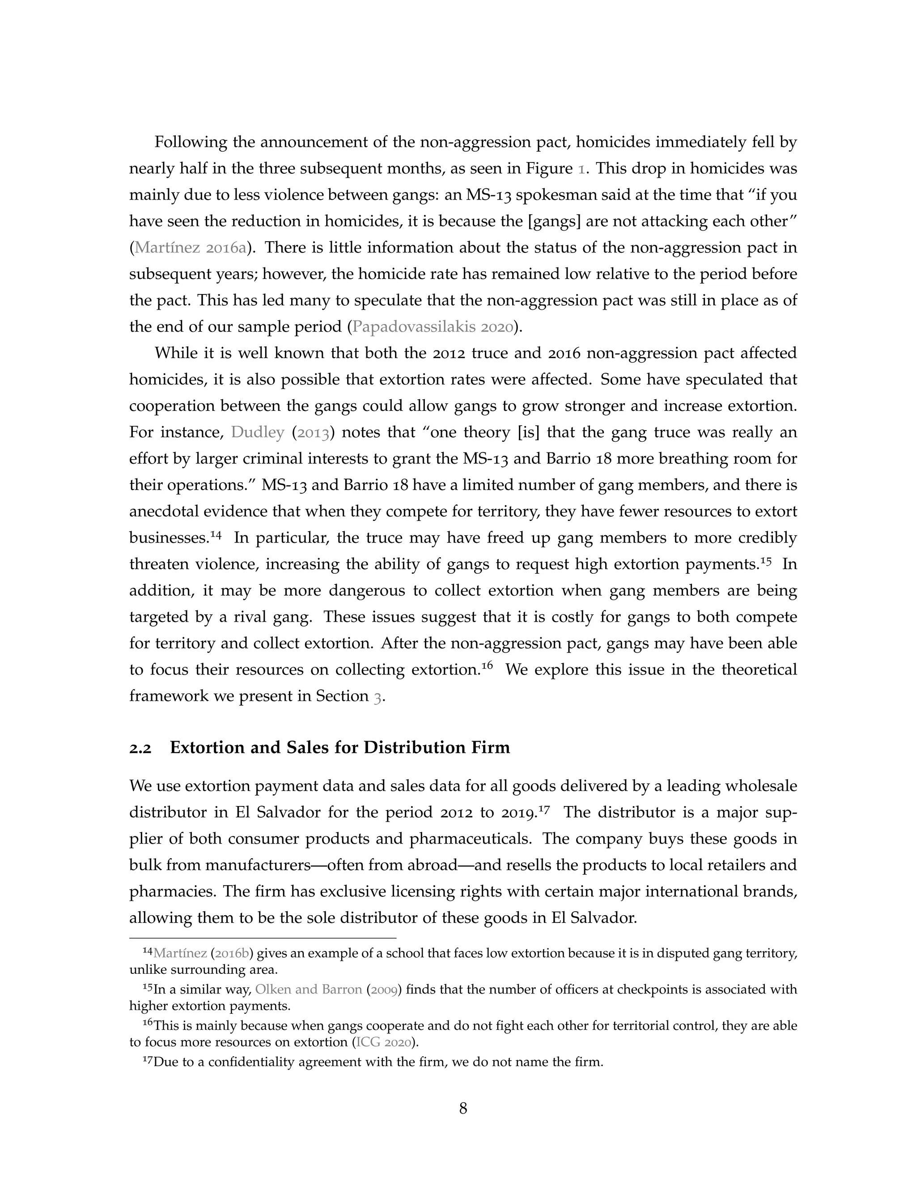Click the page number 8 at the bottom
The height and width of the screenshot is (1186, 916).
click(463, 1108)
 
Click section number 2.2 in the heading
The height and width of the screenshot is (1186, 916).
click(140, 748)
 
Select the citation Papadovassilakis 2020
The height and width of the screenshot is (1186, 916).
click(432, 327)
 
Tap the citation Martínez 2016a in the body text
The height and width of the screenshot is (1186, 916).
click(190, 247)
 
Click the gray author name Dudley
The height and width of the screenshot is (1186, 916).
click(257, 432)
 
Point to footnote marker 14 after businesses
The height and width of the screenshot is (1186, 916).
click(216, 535)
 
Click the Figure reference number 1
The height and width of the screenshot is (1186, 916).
click(581, 169)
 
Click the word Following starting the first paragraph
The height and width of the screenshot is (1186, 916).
click(191, 142)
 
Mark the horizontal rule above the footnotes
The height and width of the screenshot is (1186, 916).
click(263, 938)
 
